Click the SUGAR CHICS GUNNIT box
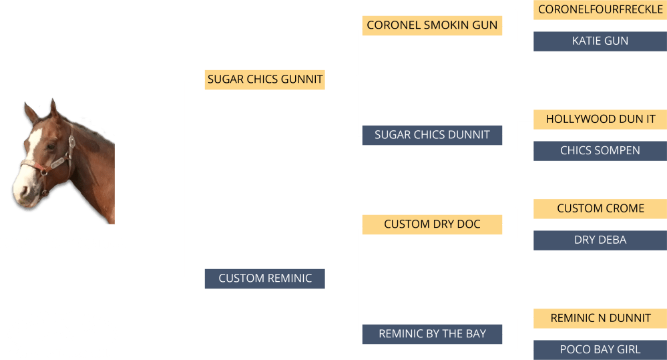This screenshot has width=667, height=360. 265,79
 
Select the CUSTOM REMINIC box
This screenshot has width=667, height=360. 265,279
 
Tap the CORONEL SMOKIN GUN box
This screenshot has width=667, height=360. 432,25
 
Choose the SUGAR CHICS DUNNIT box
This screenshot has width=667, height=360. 432,135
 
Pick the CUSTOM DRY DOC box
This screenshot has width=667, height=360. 432,224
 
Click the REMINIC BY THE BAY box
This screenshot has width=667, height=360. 432,334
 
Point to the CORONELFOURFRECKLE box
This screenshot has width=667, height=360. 600,9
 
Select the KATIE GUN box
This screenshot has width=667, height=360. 600,41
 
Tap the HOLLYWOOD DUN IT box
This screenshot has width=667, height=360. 600,120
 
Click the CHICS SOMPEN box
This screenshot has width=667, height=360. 600,151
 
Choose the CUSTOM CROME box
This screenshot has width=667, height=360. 600,208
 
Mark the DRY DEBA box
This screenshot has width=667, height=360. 600,240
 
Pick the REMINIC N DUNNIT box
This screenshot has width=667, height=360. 600,319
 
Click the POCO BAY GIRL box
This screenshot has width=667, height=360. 600,349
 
